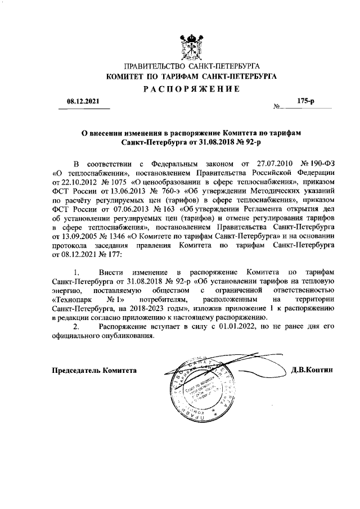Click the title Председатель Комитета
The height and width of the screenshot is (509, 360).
pyautogui.click(x=94, y=371)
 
